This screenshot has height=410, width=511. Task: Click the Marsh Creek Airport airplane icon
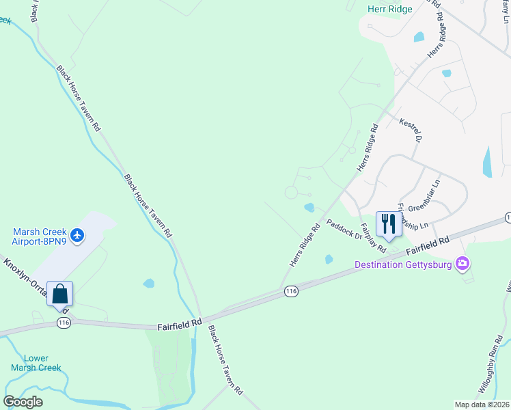pyautogui.click(x=77, y=235)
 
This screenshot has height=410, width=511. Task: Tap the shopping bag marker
pyautogui.click(x=59, y=295)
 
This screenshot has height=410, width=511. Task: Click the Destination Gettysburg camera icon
pyautogui.click(x=463, y=263)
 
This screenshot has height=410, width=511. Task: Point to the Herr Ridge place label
pyautogui.click(x=386, y=9)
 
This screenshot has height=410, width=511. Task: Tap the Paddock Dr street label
pyautogui.click(x=344, y=229)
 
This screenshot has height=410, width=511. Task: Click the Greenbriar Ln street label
pyautogui.click(x=426, y=195)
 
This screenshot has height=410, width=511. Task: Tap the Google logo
pyautogui.click(x=23, y=402)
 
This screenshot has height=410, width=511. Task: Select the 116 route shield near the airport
pyautogui.click(x=63, y=322)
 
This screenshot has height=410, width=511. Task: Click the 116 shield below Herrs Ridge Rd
pyautogui.click(x=292, y=292)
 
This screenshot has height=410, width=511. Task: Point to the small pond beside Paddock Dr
pyautogui.click(x=309, y=207)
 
